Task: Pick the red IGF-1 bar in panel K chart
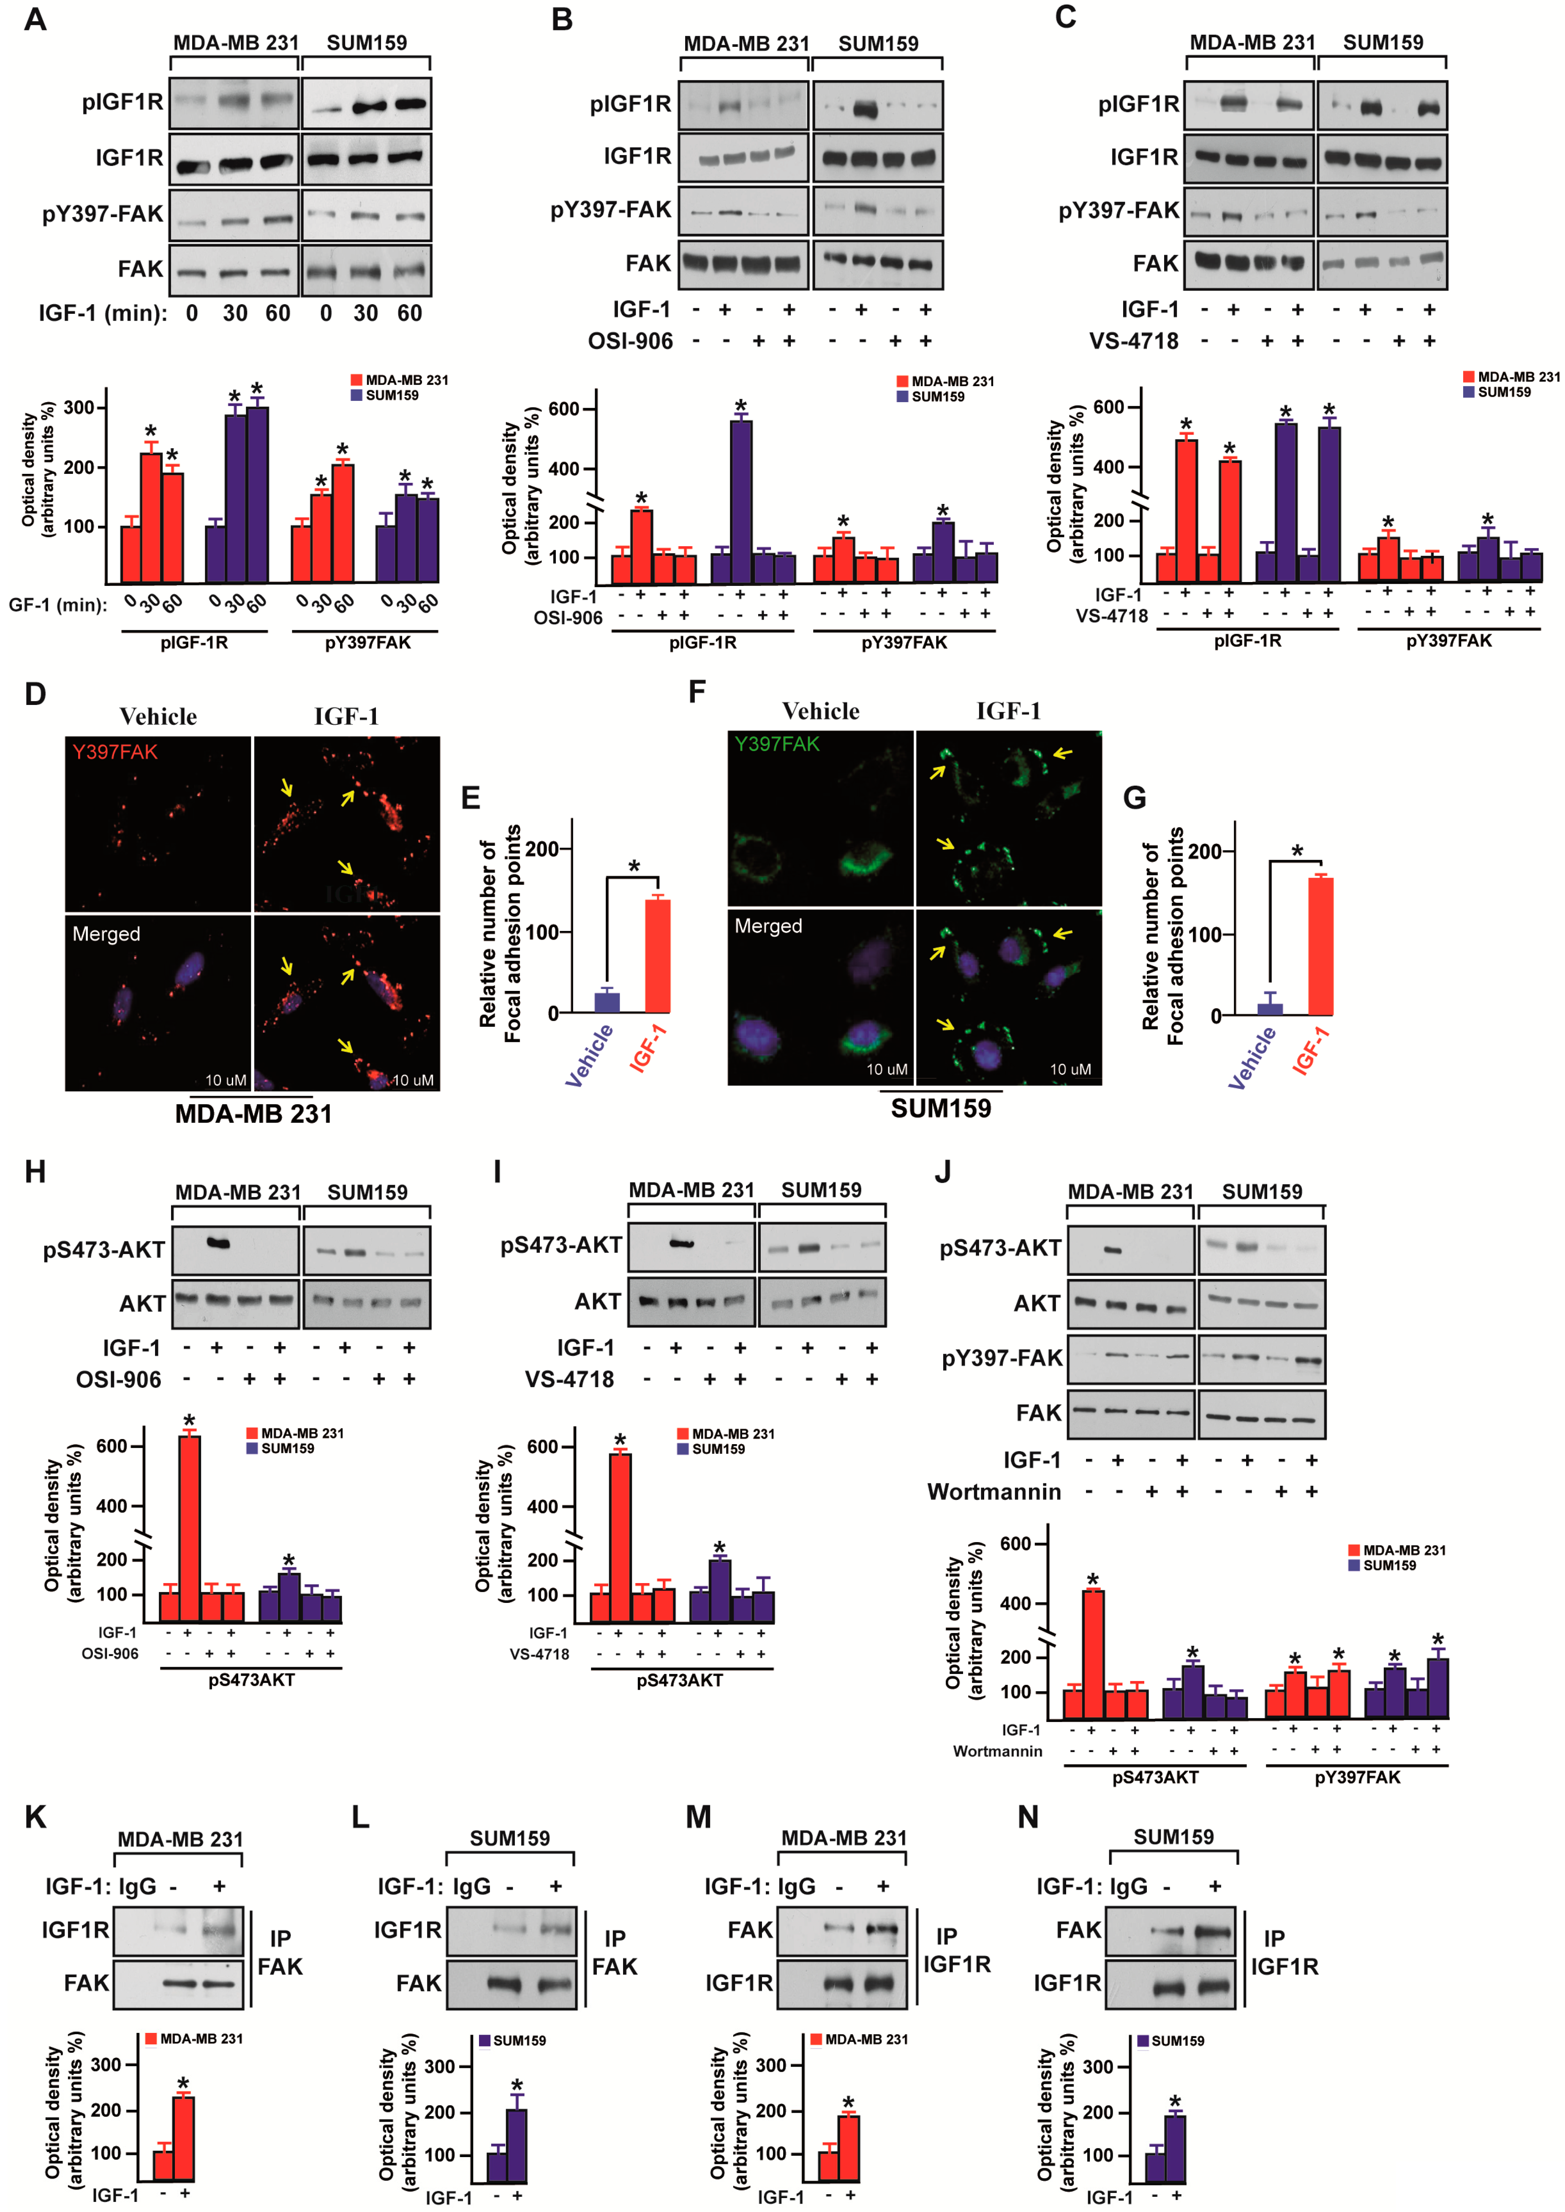click(183, 2139)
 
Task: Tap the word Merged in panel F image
click(768, 926)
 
